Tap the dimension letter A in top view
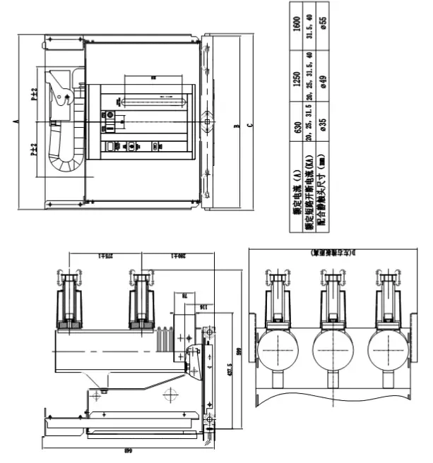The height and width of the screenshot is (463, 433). point(16,121)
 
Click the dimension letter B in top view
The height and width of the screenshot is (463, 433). point(239,126)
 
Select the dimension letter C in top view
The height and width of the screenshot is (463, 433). point(251,126)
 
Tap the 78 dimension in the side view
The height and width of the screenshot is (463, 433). point(184,297)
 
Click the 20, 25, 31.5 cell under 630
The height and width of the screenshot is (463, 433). point(310,127)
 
